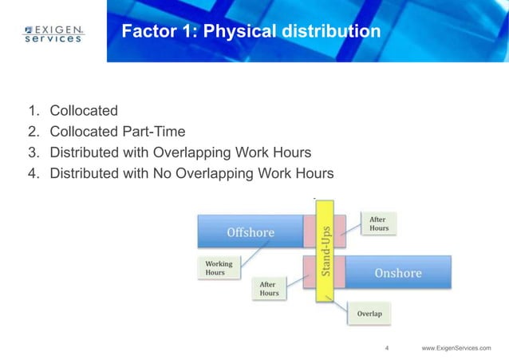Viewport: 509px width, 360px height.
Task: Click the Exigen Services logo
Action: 53,34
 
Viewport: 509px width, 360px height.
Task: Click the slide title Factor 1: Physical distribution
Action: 251,33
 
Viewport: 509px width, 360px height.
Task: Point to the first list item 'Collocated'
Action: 84,110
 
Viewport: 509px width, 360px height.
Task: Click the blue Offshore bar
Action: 251,232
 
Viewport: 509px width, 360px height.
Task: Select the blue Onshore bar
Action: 397,272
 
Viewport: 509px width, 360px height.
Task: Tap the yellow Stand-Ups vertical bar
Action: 326,251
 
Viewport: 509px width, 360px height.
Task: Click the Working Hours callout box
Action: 219,268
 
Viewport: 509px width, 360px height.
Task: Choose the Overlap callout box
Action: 369,314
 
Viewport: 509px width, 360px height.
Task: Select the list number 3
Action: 34,152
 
